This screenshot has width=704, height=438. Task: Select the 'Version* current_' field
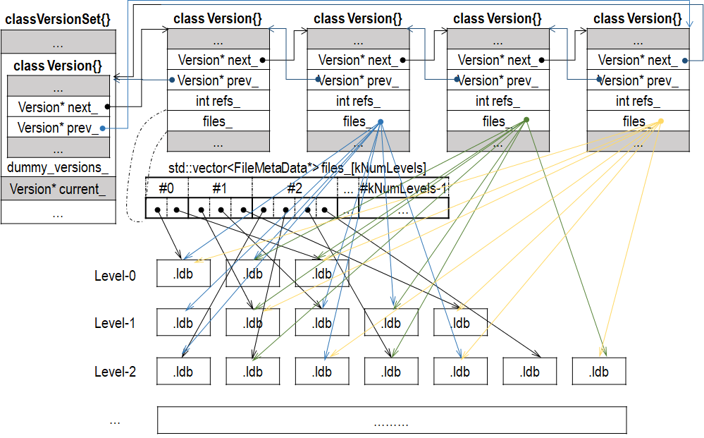coord(58,189)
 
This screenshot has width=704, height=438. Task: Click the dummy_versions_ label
coord(58,168)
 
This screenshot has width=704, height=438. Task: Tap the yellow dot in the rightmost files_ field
coord(660,122)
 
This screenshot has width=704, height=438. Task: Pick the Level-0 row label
coord(115,276)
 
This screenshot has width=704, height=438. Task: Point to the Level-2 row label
coord(115,371)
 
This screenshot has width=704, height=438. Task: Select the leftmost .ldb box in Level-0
coord(183,274)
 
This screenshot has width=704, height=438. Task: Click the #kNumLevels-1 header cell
coord(403,188)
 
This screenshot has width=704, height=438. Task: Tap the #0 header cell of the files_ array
coord(166,188)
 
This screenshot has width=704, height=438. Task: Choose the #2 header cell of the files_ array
coord(295,188)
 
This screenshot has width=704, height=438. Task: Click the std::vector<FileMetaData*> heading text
coord(297,169)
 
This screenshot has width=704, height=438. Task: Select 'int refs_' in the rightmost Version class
coord(638,101)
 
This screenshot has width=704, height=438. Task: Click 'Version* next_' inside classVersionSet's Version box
coord(58,107)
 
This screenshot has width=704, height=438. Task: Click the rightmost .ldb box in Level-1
coord(460,323)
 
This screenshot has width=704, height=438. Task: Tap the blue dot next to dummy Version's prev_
coord(104,128)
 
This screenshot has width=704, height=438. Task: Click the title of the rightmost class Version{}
coord(638,18)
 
